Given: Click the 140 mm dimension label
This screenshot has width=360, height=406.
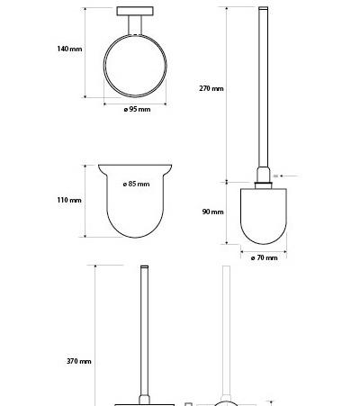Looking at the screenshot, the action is point(69,49).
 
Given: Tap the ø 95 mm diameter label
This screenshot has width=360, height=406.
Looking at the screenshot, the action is point(137,109).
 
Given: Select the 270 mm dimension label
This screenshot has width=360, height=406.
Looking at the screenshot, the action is point(211,88).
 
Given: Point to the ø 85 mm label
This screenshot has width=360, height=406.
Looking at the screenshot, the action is point(136,184).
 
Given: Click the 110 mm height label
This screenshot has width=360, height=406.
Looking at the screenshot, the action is point(69,200).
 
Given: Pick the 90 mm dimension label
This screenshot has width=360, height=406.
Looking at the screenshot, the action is point(212,212).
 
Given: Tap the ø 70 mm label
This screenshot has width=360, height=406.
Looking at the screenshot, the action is point(264,257).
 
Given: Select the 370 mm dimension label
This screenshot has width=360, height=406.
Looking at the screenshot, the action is point(79,361).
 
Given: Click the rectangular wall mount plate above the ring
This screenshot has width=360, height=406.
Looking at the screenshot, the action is point(135,11).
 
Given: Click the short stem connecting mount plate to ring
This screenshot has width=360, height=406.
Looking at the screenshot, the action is point(135,25).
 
